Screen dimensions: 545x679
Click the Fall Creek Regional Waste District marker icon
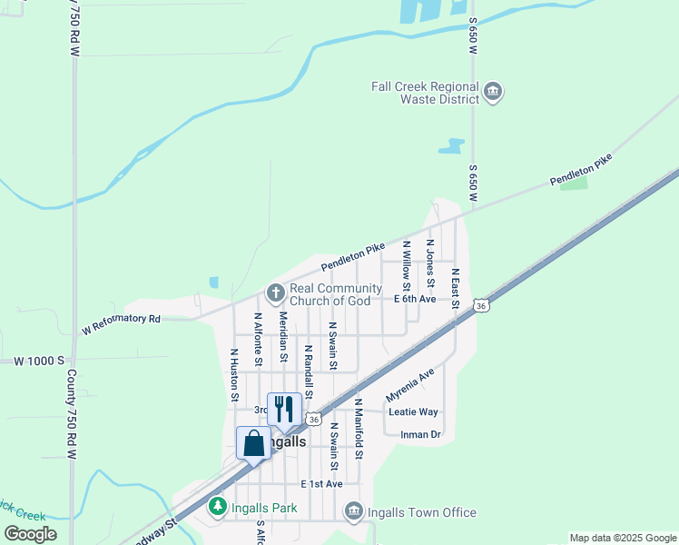[494, 93]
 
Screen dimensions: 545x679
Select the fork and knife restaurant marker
[284, 410]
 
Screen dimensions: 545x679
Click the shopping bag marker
[253, 443]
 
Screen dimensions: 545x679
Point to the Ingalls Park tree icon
[217, 506]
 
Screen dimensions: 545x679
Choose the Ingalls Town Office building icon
[353, 513]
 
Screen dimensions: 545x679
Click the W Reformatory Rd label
[121, 324]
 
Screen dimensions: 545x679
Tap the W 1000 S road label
[39, 361]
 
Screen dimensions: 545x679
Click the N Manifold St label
[359, 428]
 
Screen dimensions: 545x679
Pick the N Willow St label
[407, 266]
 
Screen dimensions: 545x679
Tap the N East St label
[456, 287]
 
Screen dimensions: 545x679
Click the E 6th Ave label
[416, 299]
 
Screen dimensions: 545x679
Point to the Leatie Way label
[413, 411]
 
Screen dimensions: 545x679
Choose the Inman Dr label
[420, 434]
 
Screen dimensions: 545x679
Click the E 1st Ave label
[321, 483]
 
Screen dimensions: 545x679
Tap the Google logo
[30, 534]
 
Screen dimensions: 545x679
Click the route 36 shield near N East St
[481, 306]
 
